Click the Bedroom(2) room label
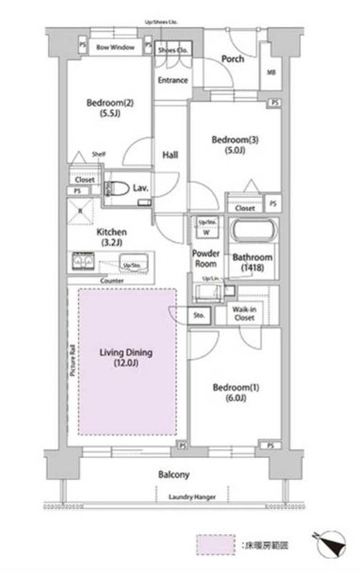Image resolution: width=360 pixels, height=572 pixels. pos(110,107)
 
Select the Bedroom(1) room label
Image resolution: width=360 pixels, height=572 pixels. pos(230,392)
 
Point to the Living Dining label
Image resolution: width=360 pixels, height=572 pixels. pos(126,358)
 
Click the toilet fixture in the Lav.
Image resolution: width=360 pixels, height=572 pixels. pos(117,189)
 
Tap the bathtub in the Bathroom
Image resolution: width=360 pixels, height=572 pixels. pos(251,234)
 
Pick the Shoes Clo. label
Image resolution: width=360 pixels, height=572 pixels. pos(173,50)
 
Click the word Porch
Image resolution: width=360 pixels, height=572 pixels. pos(231,59)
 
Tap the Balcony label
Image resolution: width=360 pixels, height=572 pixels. pos(174,475)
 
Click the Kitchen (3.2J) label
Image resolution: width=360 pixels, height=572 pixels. pos(112,237)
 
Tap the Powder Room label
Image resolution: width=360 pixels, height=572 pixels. pos(205,258)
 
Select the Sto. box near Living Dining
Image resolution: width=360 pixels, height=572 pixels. pos(199,314)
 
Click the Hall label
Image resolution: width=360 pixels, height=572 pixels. pos(171,155)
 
